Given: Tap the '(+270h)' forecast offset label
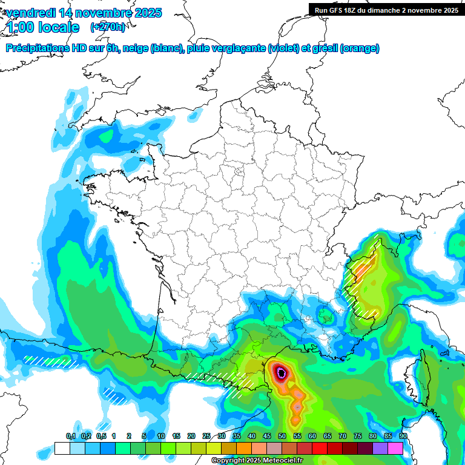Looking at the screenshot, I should (x=108, y=27).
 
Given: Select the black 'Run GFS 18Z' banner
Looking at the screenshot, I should (x=386, y=10).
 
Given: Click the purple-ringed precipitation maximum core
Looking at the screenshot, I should (x=282, y=372).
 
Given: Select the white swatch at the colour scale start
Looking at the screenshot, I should (x=62, y=449).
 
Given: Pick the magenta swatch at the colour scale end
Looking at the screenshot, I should (x=395, y=449).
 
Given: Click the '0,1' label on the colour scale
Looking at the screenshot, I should (x=70, y=437).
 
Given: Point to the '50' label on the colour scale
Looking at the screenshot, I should (x=282, y=437).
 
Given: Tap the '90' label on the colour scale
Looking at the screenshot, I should (x=403, y=437).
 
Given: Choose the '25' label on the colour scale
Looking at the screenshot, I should (x=206, y=437).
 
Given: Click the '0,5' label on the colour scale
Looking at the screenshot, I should (x=101, y=437).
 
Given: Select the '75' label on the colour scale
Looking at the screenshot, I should (x=358, y=437).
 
